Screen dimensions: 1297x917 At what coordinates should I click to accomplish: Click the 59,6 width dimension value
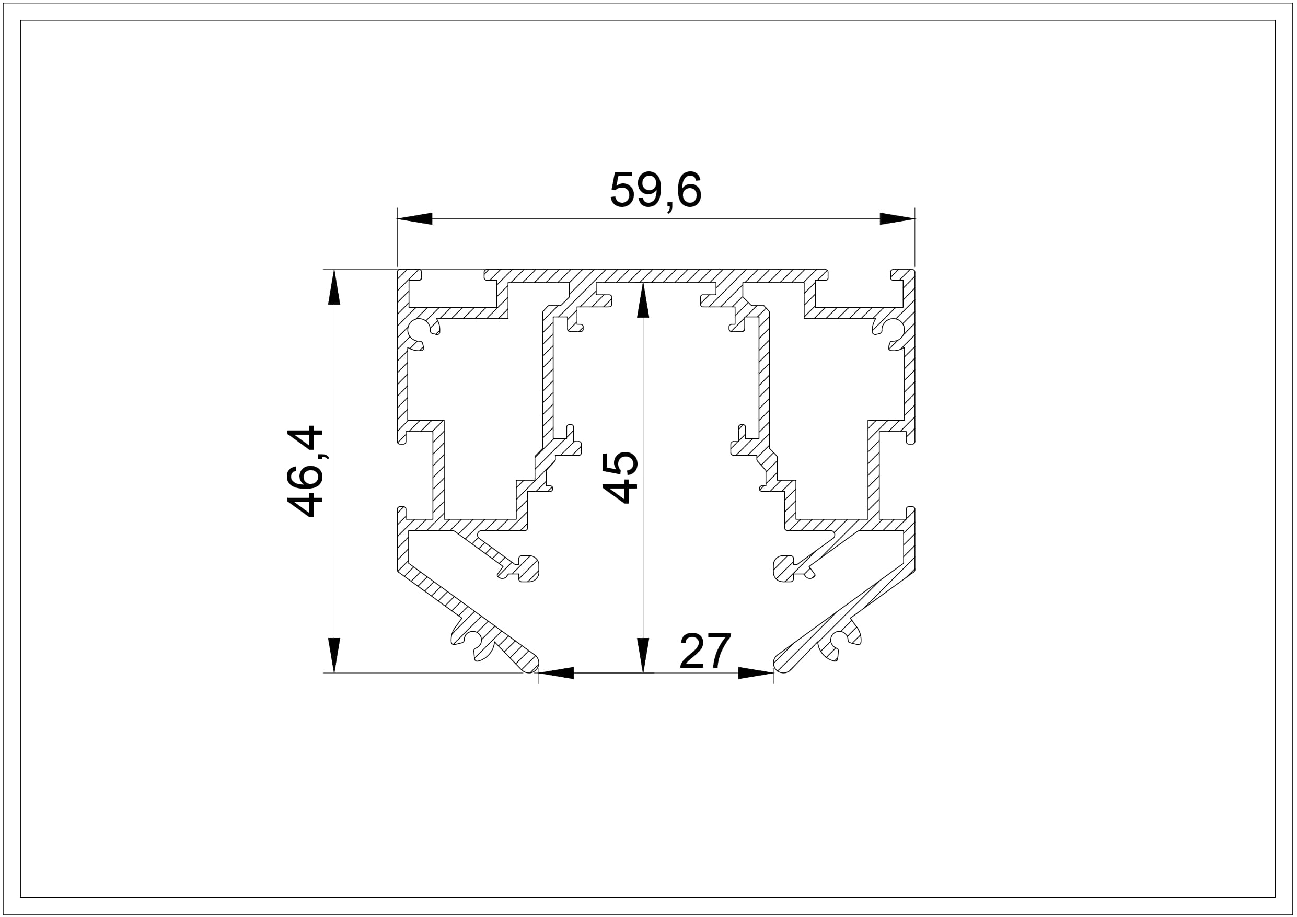click(655, 190)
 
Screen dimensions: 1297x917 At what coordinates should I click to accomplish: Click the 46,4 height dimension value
click(305, 472)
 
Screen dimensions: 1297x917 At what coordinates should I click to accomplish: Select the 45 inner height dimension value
click(620, 478)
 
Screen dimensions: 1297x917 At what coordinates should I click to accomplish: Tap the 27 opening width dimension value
click(705, 651)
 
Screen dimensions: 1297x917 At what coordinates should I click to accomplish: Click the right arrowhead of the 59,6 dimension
click(897, 218)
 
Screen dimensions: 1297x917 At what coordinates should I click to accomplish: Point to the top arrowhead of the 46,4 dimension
click(334, 287)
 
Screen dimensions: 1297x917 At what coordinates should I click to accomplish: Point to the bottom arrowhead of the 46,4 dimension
click(334, 655)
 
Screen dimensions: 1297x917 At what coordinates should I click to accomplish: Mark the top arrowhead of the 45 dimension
click(643, 300)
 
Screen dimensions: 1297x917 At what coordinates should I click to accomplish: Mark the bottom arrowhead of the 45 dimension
click(643, 655)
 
